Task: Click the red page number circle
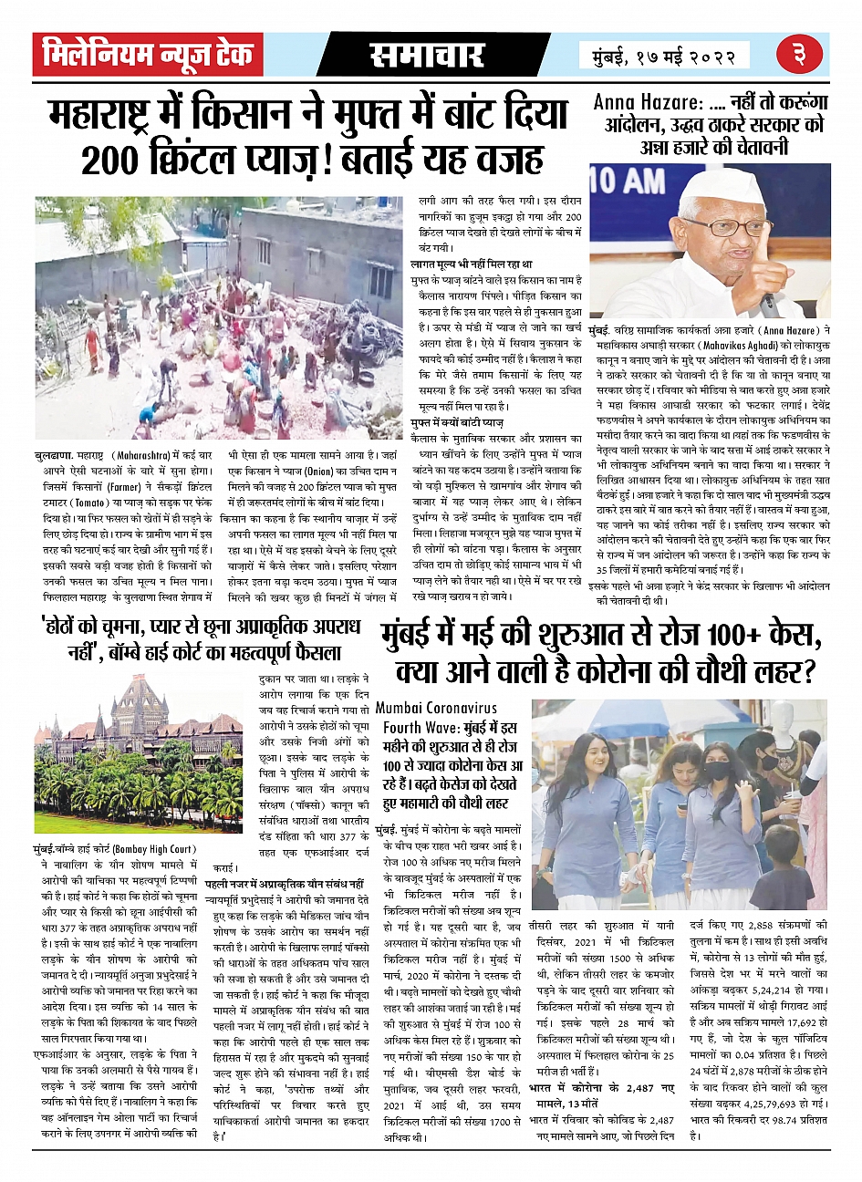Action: pos(799,55)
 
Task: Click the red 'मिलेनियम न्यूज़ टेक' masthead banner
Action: pos(148,55)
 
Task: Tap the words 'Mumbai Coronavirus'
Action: pos(436,708)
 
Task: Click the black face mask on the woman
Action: pos(717,770)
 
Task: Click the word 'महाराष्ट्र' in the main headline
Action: pos(109,114)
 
